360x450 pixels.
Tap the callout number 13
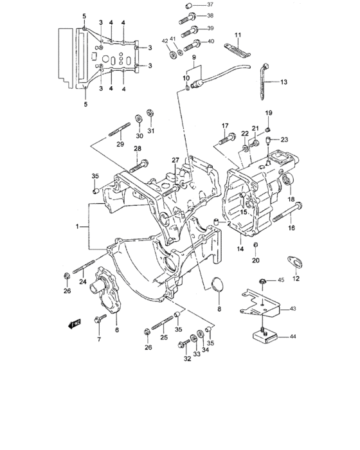[284, 82]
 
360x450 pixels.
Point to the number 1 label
[78, 227]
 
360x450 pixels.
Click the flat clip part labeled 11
[235, 50]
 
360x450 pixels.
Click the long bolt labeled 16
[286, 215]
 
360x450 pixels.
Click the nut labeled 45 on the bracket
[263, 281]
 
